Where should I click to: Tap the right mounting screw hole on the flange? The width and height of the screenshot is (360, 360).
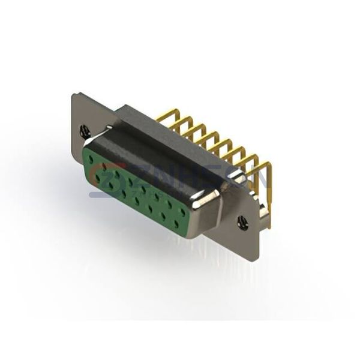[242, 223]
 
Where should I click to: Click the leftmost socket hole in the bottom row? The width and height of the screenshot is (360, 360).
[97, 177]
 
